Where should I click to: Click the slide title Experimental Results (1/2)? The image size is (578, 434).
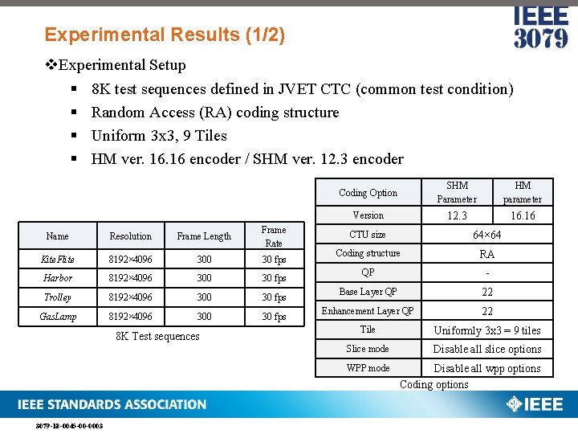tap(165, 35)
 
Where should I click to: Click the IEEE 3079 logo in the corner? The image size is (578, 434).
tap(540, 28)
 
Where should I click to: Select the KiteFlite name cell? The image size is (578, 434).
tap(57, 259)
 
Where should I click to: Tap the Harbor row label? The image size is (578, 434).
tap(57, 278)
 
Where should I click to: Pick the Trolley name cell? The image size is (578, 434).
tap(57, 297)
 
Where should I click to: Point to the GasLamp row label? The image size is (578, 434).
tap(57, 317)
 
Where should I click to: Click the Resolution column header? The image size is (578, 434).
tap(130, 236)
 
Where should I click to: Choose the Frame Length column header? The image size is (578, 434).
tap(204, 236)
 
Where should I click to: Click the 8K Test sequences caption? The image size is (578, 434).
tap(157, 336)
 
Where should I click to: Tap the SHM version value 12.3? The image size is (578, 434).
tap(457, 215)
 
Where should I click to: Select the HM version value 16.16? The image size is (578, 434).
tap(523, 215)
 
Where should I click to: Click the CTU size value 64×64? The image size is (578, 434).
tap(486, 235)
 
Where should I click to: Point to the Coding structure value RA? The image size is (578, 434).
tap(486, 254)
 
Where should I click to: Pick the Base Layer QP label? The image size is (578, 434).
tap(368, 292)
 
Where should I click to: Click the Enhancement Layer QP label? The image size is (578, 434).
tap(368, 311)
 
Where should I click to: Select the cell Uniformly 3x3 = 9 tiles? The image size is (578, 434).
tap(487, 330)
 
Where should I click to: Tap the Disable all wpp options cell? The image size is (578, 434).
tap(487, 368)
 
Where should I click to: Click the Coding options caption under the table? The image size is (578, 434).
tap(433, 384)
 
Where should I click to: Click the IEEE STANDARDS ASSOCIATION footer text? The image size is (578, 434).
tap(112, 404)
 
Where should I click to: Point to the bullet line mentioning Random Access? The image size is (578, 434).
tap(215, 113)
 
